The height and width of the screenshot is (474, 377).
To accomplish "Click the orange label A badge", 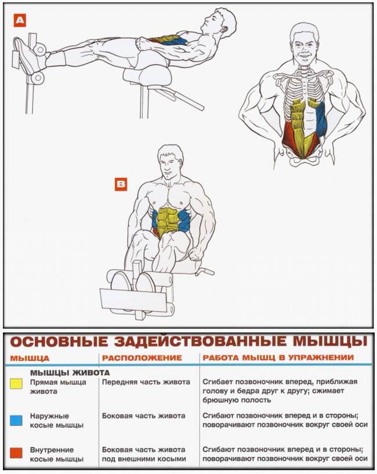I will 20,21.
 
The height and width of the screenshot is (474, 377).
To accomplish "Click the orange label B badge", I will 121,185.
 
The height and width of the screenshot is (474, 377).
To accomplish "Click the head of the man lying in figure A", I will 221,22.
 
